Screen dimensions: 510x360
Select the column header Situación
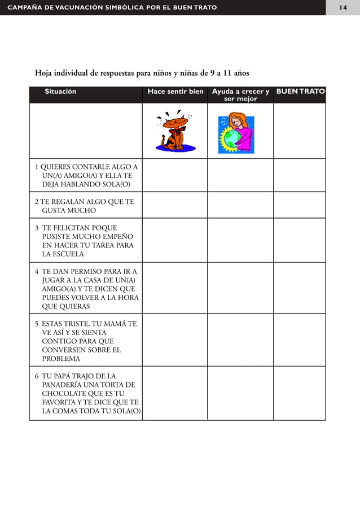click(x=61, y=91)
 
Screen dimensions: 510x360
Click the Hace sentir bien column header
click(x=175, y=91)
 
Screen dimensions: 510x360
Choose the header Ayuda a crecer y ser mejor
click(x=240, y=95)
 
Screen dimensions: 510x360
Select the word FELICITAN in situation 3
click(x=70, y=228)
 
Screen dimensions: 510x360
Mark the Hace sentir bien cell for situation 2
click(x=174, y=205)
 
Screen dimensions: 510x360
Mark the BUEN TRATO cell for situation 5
click(x=300, y=340)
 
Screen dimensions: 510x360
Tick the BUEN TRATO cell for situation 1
click(x=300, y=175)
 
